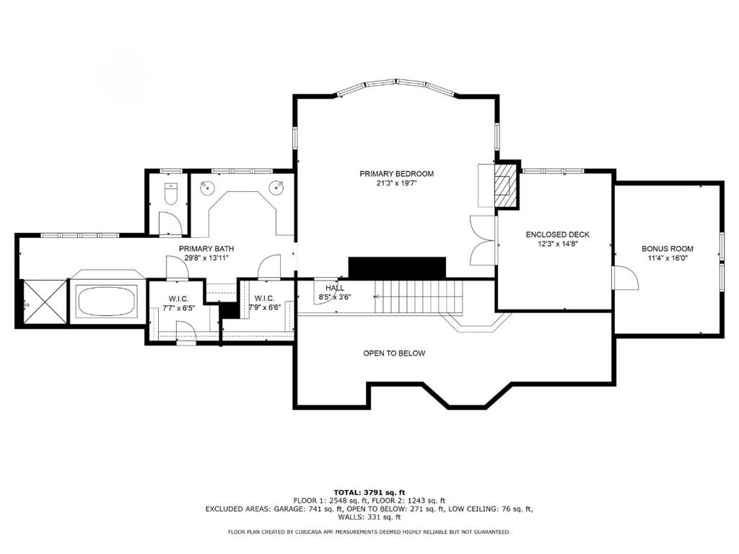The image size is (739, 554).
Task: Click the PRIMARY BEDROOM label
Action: pos(396,174)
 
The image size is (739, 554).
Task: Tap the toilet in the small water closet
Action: pos(171,193)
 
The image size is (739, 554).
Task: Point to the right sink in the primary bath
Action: pos(276,188)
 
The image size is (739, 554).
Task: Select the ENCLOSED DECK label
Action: pos(557,234)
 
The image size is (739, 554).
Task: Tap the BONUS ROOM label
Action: pos(667,249)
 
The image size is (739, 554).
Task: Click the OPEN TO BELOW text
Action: pos(393,353)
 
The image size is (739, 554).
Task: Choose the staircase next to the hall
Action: pos(419,296)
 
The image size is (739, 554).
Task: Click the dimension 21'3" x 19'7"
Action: pos(396,184)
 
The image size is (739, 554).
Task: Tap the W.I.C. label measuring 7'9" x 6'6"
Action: pos(265,298)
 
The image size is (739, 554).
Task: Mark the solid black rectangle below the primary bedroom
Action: pos(398,267)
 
